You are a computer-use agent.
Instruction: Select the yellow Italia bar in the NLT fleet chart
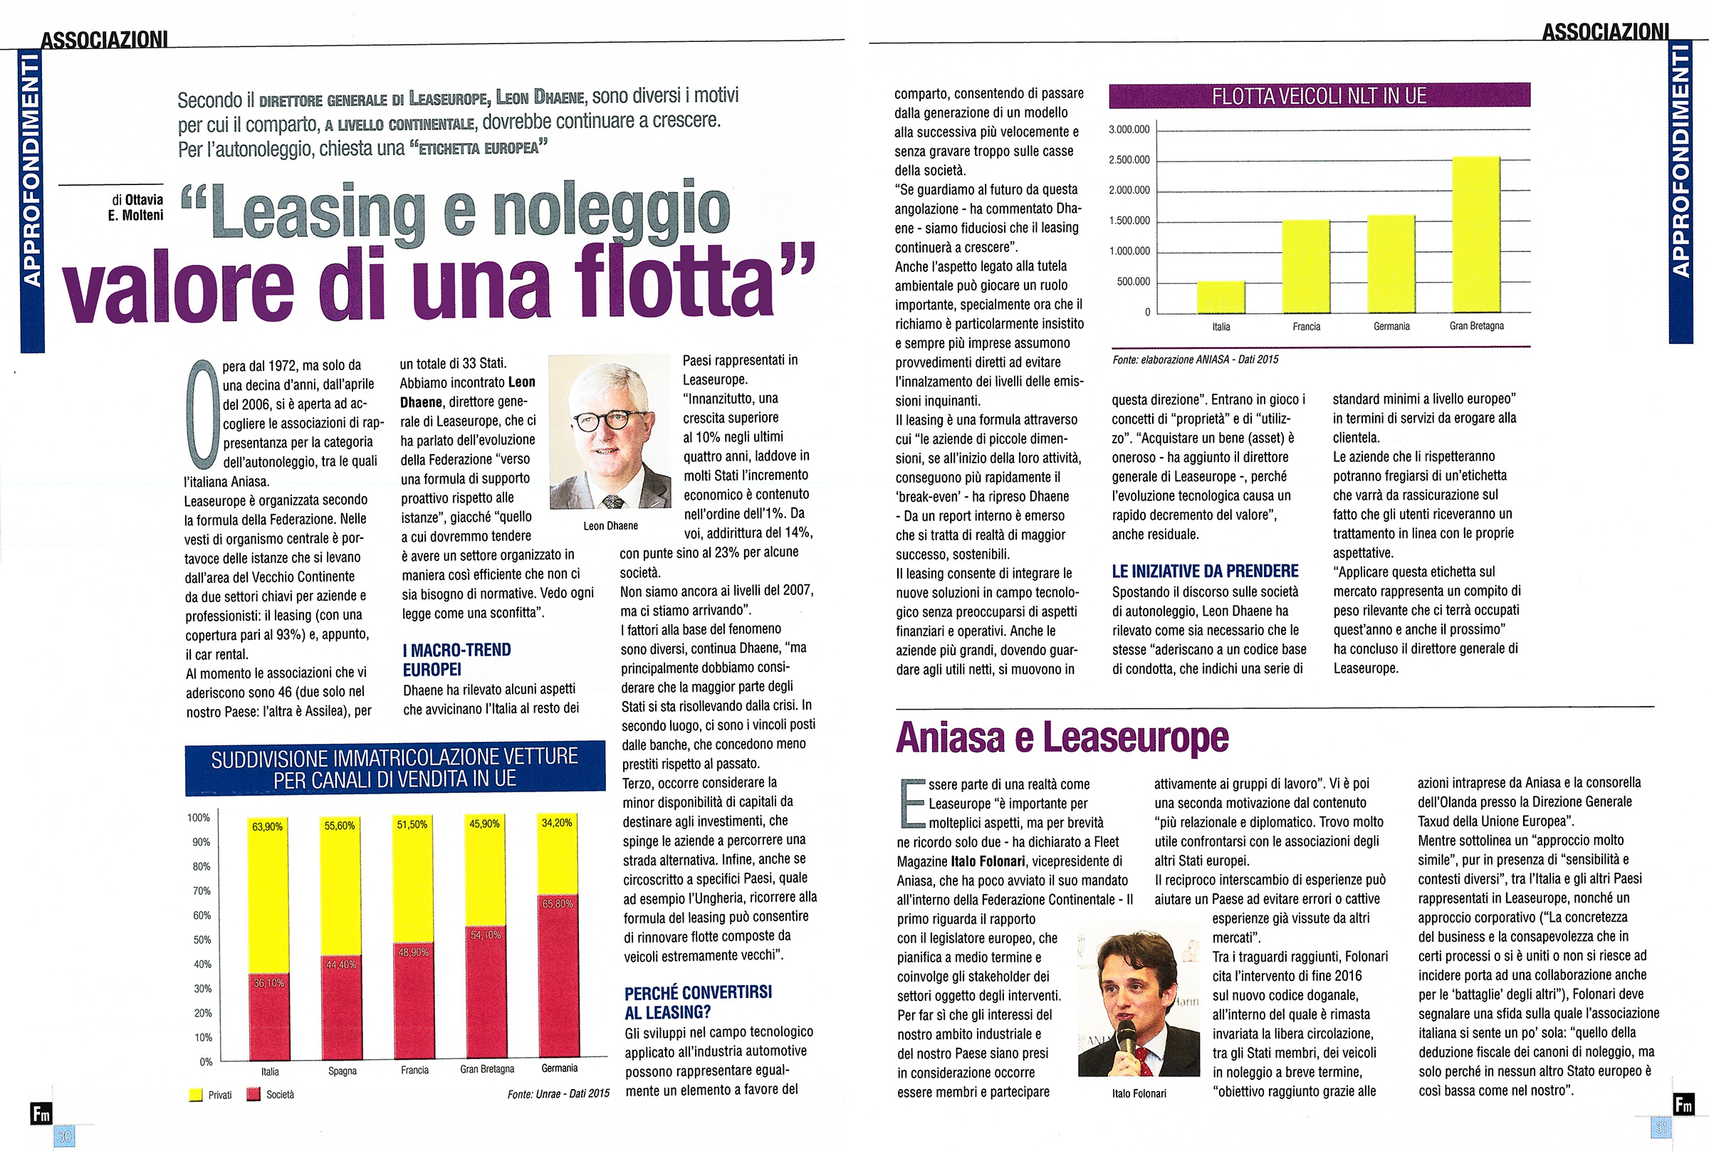pos(1220,297)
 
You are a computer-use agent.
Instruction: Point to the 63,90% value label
pos(267,826)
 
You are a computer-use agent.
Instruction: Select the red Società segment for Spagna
pos(341,1009)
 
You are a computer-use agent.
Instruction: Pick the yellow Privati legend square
pos(196,1095)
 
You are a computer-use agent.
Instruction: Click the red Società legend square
pos(254,1095)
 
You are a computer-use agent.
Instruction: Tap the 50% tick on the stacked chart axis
pos(203,940)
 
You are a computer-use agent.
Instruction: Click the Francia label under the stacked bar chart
pos(414,1071)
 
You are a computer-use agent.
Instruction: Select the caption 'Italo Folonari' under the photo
pos(1139,1094)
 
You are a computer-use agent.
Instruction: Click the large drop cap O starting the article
pos(203,415)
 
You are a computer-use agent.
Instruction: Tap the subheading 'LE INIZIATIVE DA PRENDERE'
pos(1205,571)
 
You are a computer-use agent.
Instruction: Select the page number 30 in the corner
pos(65,1136)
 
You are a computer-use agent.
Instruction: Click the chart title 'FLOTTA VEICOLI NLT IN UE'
pos(1319,96)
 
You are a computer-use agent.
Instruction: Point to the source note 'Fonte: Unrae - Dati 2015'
pos(558,1094)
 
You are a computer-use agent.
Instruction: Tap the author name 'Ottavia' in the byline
pos(144,199)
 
